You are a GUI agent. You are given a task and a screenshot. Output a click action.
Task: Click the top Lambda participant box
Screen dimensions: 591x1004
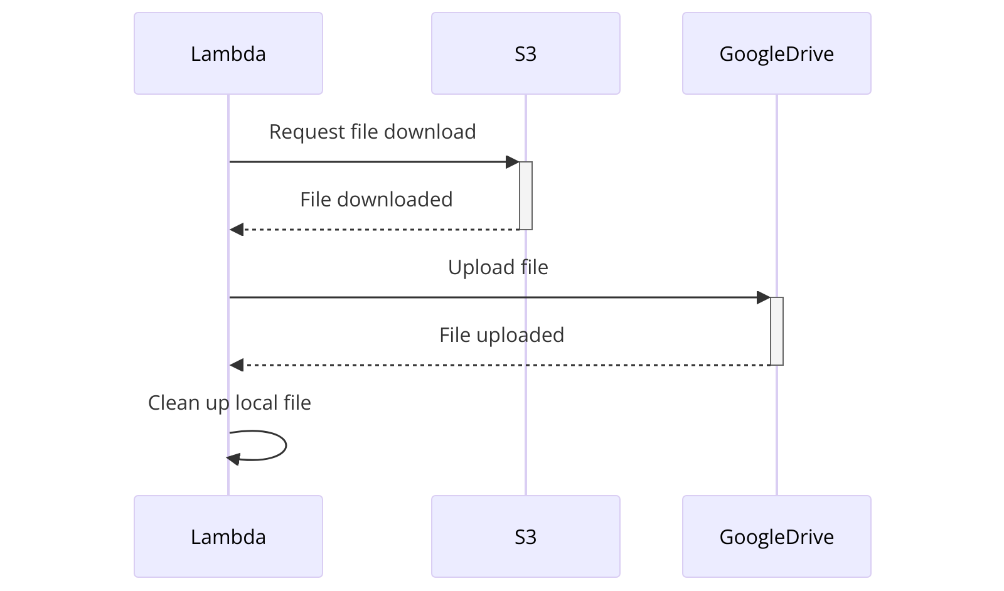coord(228,53)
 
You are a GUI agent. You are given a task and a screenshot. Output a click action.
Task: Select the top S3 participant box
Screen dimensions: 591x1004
coord(525,53)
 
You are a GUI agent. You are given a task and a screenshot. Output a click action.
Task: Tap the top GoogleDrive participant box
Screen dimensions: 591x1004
coord(776,53)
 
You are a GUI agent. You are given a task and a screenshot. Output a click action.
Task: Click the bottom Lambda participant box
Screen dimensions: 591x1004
coord(228,536)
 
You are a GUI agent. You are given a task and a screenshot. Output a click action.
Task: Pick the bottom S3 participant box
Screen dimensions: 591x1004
coord(525,536)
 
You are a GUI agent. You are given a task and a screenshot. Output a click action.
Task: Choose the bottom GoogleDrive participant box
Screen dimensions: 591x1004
coord(776,536)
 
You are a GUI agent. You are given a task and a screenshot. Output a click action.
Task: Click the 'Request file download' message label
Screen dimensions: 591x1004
coord(372,132)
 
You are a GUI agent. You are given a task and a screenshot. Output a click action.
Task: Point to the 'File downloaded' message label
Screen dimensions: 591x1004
coord(376,200)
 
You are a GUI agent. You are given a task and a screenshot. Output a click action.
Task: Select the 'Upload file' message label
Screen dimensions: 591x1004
coord(498,267)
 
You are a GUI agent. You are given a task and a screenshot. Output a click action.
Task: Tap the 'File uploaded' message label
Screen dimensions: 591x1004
coord(501,335)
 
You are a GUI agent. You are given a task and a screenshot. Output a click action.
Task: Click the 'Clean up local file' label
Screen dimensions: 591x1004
coord(229,403)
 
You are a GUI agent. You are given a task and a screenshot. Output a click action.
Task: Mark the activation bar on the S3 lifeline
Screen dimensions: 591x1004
coord(526,196)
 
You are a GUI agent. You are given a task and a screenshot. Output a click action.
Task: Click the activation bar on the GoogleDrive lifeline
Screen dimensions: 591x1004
coord(777,331)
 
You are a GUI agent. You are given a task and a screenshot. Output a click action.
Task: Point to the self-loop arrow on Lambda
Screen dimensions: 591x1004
coord(285,445)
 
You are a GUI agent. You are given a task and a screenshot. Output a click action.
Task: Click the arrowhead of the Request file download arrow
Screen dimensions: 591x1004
coord(513,162)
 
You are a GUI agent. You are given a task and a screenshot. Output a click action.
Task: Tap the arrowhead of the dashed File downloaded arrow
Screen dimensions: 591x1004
coord(237,230)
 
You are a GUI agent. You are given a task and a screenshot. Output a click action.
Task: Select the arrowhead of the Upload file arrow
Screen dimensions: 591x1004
coord(764,297)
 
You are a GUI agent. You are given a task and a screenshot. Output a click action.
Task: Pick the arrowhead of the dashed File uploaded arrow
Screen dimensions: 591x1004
coord(237,365)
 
